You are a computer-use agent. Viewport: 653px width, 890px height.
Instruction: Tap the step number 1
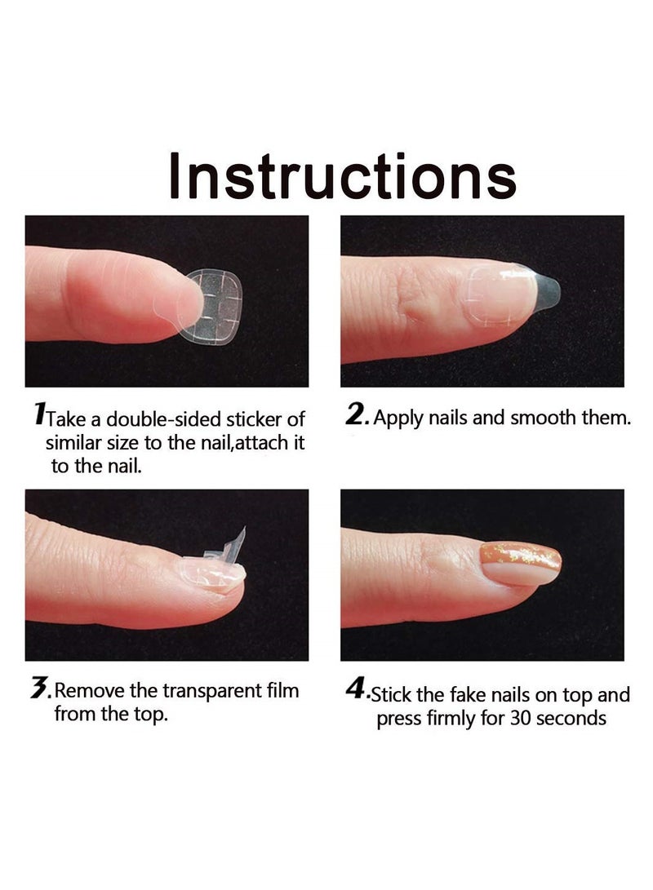38,416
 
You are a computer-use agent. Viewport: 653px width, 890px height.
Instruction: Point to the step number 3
38,690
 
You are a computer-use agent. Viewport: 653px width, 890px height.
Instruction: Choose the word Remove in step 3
90,692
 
